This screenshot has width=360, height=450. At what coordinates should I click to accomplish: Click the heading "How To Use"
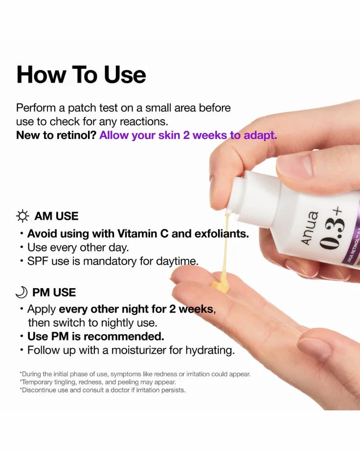point(81,75)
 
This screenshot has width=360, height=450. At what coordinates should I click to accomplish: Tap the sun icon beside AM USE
point(22,216)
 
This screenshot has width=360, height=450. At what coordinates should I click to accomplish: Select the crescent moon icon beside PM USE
point(22,292)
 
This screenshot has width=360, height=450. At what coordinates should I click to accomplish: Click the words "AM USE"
point(56,216)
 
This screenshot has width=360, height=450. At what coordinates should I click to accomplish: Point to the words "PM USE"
point(54,292)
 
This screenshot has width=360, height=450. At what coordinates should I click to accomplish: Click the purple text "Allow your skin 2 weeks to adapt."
point(188,135)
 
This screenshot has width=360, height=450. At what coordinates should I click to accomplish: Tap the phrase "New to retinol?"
point(56,135)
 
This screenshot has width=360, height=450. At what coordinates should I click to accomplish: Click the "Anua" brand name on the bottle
point(310,228)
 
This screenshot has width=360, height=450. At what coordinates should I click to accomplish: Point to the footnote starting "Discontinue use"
point(103,390)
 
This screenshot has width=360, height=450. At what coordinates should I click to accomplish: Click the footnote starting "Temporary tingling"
point(98,382)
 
